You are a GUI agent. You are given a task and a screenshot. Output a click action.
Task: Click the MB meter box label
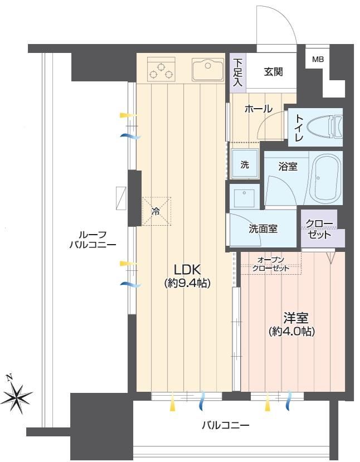(x=318, y=59)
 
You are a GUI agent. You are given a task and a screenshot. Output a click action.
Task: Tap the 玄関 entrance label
(x=273, y=71)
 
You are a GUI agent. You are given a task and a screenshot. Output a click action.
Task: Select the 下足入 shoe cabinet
(x=237, y=73)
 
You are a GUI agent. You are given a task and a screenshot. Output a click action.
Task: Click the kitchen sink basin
(x=208, y=70)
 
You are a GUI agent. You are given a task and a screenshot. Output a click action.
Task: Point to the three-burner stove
(x=161, y=70)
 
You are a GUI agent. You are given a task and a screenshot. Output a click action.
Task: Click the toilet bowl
(x=324, y=127)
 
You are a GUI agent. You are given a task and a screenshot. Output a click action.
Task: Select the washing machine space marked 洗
(x=245, y=164)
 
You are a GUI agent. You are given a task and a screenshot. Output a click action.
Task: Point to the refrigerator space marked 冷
(x=157, y=211)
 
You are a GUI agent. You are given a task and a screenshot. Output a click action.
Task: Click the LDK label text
(x=187, y=269)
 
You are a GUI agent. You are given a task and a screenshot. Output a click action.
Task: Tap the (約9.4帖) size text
(x=187, y=283)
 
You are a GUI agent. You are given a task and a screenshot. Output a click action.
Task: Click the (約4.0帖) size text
(x=291, y=332)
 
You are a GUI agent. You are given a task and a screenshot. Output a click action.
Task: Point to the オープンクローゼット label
(x=270, y=264)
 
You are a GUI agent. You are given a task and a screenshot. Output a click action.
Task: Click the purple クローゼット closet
(x=322, y=228)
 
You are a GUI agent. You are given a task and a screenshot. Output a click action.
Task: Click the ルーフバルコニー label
(x=93, y=240)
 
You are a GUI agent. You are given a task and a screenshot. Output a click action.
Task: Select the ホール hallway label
(x=259, y=109)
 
